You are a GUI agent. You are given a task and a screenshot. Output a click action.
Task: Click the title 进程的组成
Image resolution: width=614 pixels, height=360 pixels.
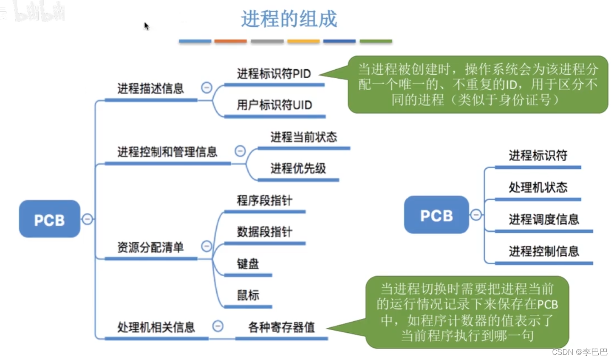289,19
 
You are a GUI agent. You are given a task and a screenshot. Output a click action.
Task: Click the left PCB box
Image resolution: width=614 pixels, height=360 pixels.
49,219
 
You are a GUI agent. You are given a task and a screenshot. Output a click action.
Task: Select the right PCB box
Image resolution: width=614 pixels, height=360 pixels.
436,215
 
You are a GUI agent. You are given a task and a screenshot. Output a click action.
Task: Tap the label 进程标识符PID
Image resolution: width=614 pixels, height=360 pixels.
274,74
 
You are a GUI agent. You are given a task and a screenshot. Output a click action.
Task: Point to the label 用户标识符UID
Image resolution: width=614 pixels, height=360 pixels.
274,105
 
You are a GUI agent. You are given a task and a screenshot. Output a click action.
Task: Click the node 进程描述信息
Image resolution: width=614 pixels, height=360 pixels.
150,88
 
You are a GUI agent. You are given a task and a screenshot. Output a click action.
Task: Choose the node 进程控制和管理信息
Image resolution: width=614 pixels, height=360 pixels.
167,152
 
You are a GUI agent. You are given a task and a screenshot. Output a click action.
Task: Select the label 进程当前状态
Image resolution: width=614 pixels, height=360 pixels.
303,137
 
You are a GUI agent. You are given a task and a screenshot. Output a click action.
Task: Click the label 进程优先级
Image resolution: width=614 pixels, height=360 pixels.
298,168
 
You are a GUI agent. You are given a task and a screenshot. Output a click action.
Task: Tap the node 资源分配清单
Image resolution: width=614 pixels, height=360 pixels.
150,247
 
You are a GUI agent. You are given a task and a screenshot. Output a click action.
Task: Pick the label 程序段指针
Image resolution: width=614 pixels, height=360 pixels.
264,200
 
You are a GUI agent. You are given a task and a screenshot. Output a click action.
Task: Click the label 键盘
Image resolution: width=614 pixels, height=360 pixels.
248,264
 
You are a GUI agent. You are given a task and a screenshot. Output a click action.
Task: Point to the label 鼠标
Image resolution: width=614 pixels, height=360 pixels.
248,295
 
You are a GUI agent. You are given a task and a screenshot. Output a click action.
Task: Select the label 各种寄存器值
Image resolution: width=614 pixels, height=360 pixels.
281,327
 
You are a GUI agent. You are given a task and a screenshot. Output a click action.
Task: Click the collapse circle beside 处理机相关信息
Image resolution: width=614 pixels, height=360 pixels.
218,326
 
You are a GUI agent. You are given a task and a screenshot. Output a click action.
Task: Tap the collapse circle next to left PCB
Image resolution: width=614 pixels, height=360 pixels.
87,219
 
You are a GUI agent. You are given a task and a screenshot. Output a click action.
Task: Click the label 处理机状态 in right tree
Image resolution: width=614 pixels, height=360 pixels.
538,187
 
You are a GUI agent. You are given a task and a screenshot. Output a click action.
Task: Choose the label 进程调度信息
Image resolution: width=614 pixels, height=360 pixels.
544,219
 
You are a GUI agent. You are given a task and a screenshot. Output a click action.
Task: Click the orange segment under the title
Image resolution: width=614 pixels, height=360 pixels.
230,41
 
